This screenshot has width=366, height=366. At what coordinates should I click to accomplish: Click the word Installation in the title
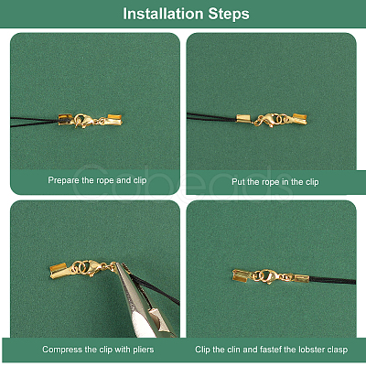[163, 14]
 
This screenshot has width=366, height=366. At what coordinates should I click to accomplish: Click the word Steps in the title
[229, 14]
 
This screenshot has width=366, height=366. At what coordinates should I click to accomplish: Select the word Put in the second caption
[238, 182]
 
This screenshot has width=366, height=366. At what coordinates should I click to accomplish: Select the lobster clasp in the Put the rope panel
[265, 120]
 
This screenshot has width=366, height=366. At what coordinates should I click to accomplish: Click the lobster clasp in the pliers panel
[94, 267]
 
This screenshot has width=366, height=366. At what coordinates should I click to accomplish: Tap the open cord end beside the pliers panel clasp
[58, 271]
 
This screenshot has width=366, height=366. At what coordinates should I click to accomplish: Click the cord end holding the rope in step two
[243, 118]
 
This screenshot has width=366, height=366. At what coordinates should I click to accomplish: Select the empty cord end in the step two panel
[299, 119]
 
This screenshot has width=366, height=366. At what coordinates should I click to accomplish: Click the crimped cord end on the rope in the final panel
[302, 278]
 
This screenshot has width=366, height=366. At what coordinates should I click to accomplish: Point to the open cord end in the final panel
[242, 275]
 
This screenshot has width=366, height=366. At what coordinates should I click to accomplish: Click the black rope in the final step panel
[332, 280]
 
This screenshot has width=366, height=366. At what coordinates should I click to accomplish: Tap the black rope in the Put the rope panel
[211, 117]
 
